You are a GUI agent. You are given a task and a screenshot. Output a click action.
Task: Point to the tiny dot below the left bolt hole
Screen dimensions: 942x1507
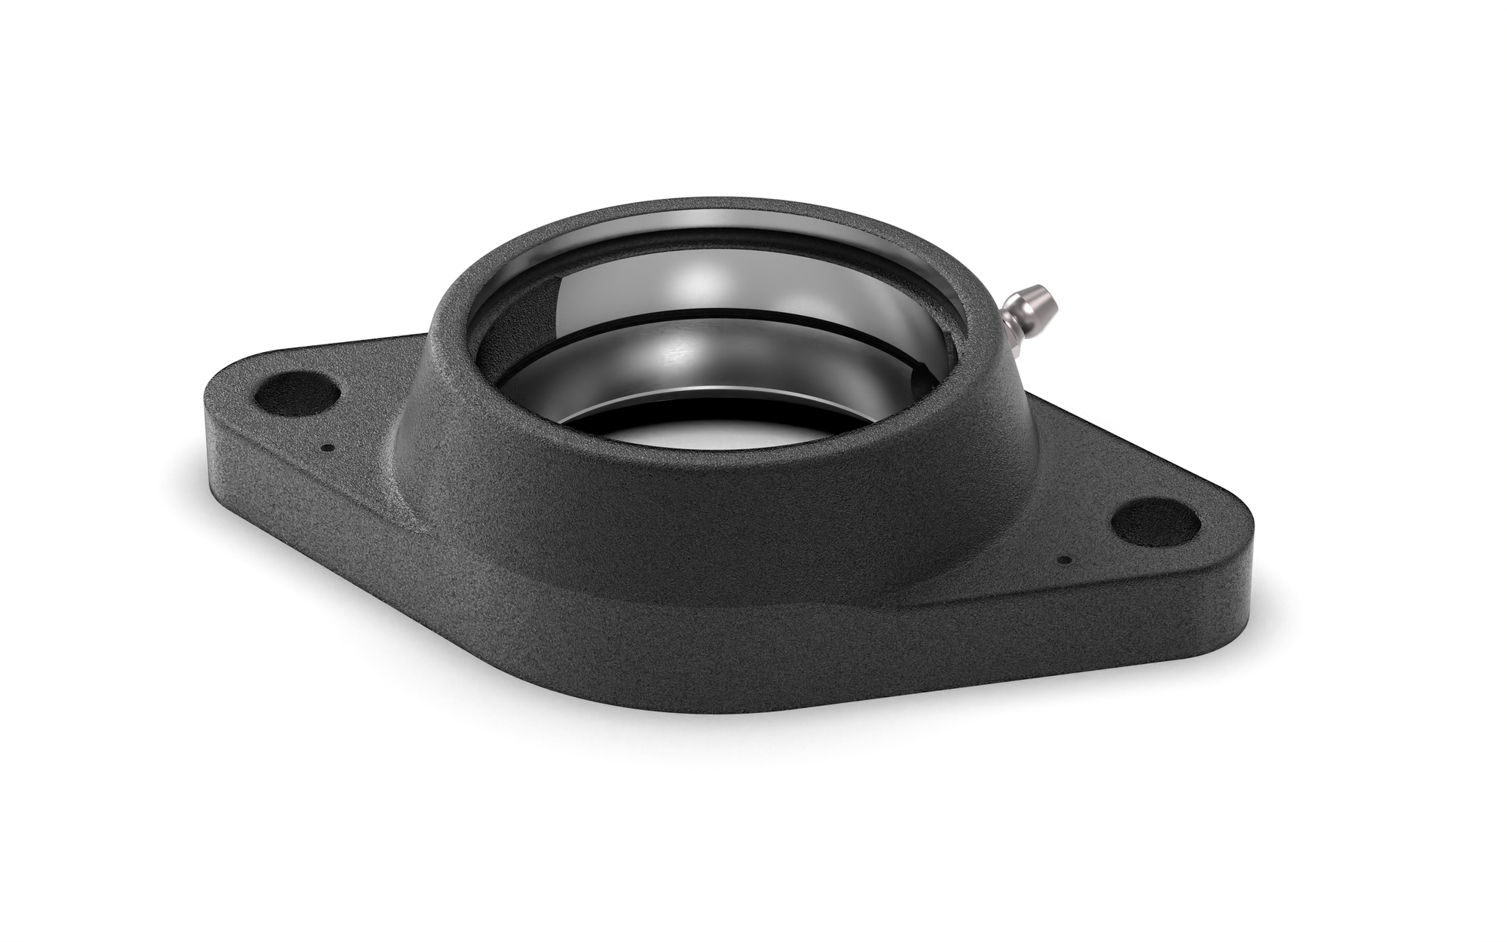pyautogui.click(x=326, y=447)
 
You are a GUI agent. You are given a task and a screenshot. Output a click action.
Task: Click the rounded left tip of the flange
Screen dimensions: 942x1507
pyautogui.click(x=215, y=407)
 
